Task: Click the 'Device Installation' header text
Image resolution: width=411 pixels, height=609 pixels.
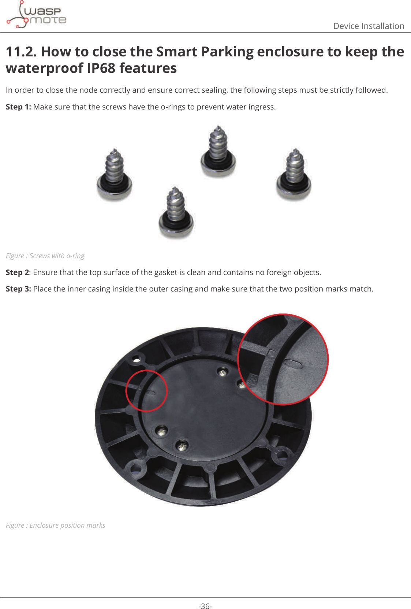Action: pyautogui.click(x=368, y=26)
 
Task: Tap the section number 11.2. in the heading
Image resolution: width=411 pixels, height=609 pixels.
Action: pyautogui.click(x=21, y=52)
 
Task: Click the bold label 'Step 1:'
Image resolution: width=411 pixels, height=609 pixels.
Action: pyautogui.click(x=18, y=107)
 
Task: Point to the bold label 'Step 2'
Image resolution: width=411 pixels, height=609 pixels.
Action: pyautogui.click(x=17, y=272)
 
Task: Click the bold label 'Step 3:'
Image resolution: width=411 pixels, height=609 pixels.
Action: pyautogui.click(x=18, y=289)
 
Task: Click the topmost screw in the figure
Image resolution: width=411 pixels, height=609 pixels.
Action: pyautogui.click(x=218, y=152)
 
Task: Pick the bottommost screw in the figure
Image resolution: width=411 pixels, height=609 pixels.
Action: pyautogui.click(x=176, y=214)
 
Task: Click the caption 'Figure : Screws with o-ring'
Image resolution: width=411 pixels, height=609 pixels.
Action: pyautogui.click(x=45, y=256)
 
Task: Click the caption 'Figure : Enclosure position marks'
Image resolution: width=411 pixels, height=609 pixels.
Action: pyautogui.click(x=55, y=526)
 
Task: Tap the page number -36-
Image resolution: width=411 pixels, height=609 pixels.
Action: pyautogui.click(x=205, y=606)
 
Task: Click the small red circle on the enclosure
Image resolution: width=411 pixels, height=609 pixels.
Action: pyautogui.click(x=146, y=391)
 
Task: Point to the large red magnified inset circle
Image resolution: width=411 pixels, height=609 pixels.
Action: pyautogui.click(x=283, y=359)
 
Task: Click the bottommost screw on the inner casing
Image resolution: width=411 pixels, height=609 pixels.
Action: pyautogui.click(x=182, y=446)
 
